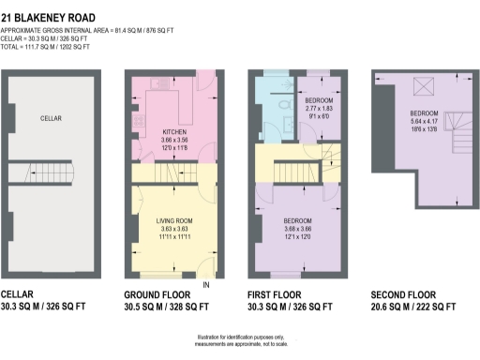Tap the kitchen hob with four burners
pos(139,121)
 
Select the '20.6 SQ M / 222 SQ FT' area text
pos(413,307)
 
